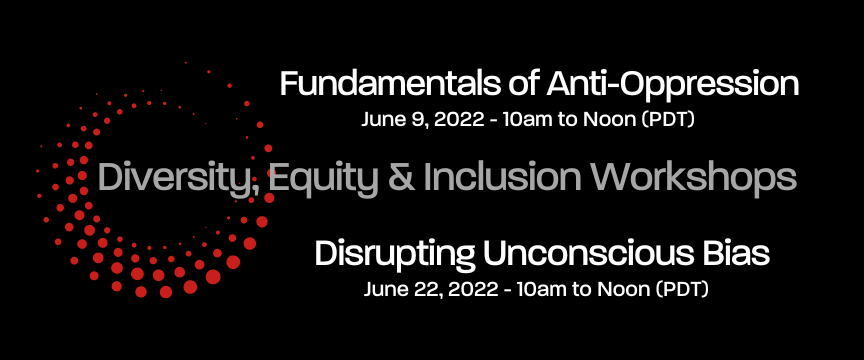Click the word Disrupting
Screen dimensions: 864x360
click(395, 254)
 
